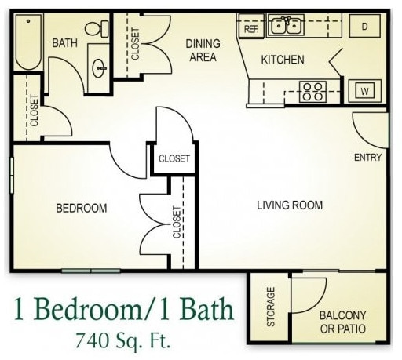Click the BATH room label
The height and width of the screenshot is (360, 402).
(64, 43)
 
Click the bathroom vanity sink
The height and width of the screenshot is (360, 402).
(100, 67)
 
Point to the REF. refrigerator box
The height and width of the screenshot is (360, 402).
(251, 29)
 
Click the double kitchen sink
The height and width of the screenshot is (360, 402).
(285, 26)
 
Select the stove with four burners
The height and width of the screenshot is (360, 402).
(313, 92)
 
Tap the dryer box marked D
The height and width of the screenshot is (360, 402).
(365, 26)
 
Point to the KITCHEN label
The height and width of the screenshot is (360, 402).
(283, 60)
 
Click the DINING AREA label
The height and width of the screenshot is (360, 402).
(203, 50)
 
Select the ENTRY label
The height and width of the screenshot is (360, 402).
(367, 158)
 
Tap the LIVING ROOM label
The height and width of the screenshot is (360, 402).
(290, 206)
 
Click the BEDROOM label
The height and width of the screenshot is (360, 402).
(81, 208)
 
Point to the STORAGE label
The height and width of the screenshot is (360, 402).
(271, 307)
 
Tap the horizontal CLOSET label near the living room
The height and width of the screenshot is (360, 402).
(174, 158)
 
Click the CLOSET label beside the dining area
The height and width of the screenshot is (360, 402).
(135, 45)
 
